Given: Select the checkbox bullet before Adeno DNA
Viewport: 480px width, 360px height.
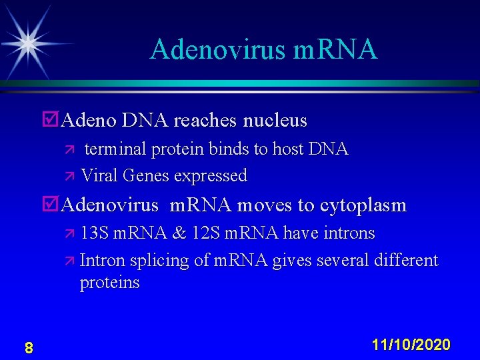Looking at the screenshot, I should [49, 121].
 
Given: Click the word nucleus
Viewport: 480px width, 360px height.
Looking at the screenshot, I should [275, 121].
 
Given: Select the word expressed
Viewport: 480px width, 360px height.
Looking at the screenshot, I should [211, 176].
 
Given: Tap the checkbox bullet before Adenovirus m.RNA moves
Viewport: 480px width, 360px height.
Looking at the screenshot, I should [49, 205].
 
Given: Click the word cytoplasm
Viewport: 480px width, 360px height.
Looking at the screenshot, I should [363, 205].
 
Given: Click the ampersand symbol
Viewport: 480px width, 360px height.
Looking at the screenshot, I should [179, 233].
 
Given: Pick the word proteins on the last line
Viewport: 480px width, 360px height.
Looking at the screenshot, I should [109, 283].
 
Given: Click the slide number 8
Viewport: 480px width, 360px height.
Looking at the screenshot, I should [29, 347].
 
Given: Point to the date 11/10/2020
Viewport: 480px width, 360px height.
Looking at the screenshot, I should [411, 345].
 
